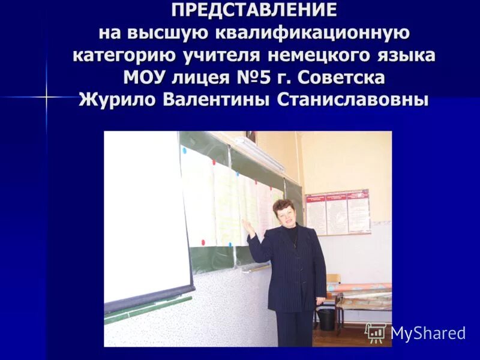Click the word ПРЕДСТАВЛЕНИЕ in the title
tap(254, 10)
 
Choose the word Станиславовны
tap(353, 99)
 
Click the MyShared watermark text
tap(428, 332)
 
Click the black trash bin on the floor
tap(326, 319)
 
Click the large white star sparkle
tap(47, 96)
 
